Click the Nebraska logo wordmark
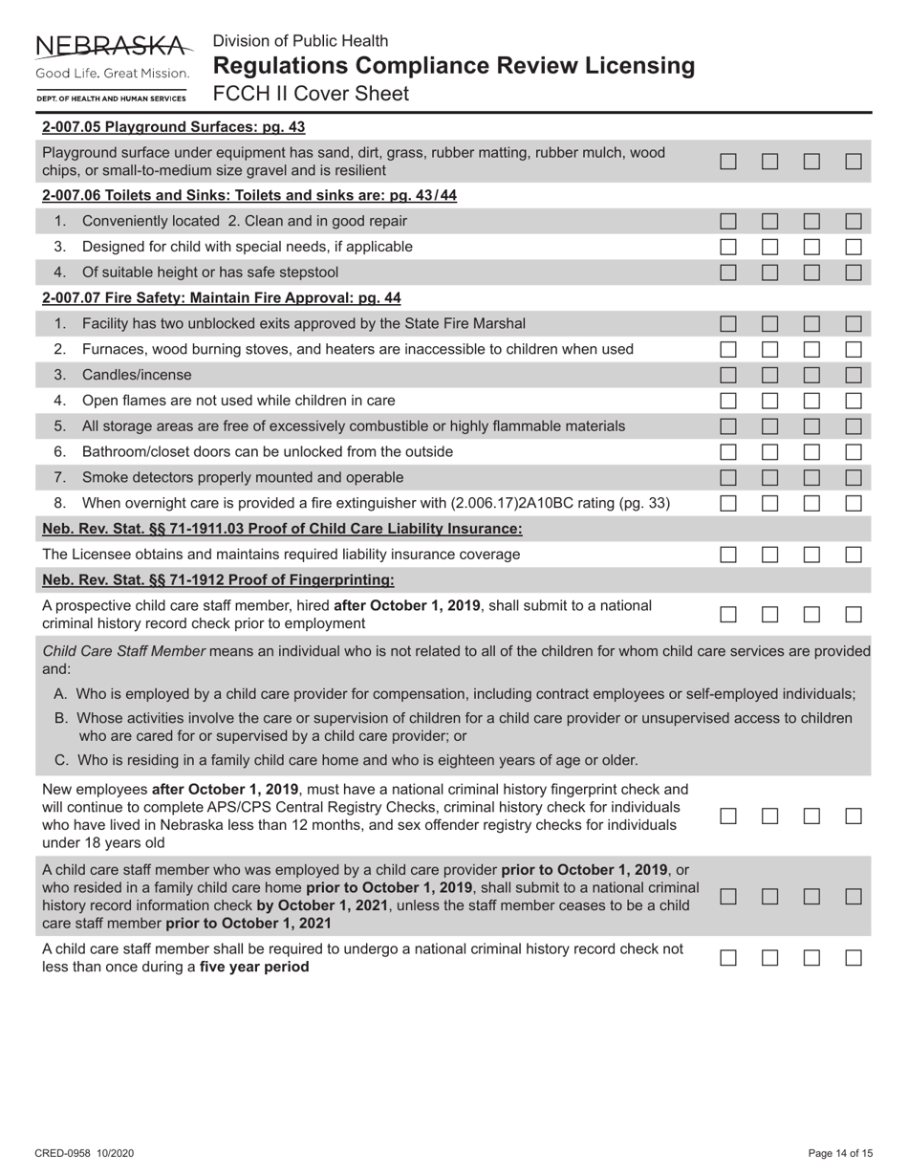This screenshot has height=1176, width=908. click(112, 46)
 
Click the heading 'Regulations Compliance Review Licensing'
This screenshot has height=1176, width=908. click(454, 66)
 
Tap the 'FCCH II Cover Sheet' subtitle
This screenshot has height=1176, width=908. click(311, 94)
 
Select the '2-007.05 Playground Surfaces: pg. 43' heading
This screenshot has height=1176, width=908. click(174, 126)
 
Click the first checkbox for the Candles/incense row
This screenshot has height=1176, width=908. click(728, 375)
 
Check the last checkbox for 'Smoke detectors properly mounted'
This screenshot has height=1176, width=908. click(854, 477)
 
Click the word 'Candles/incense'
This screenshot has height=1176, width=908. click(137, 375)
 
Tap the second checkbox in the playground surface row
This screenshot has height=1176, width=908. click(770, 163)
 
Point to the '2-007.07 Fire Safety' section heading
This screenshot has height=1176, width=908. click(222, 297)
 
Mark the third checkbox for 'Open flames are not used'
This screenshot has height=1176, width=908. click(812, 401)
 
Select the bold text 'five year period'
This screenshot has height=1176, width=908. click(254, 967)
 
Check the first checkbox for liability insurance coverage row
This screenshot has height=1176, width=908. click(728, 555)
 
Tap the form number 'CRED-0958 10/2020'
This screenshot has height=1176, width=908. click(85, 1154)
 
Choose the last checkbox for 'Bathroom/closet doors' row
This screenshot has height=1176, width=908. click(854, 451)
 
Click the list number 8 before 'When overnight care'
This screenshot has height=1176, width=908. click(60, 503)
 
